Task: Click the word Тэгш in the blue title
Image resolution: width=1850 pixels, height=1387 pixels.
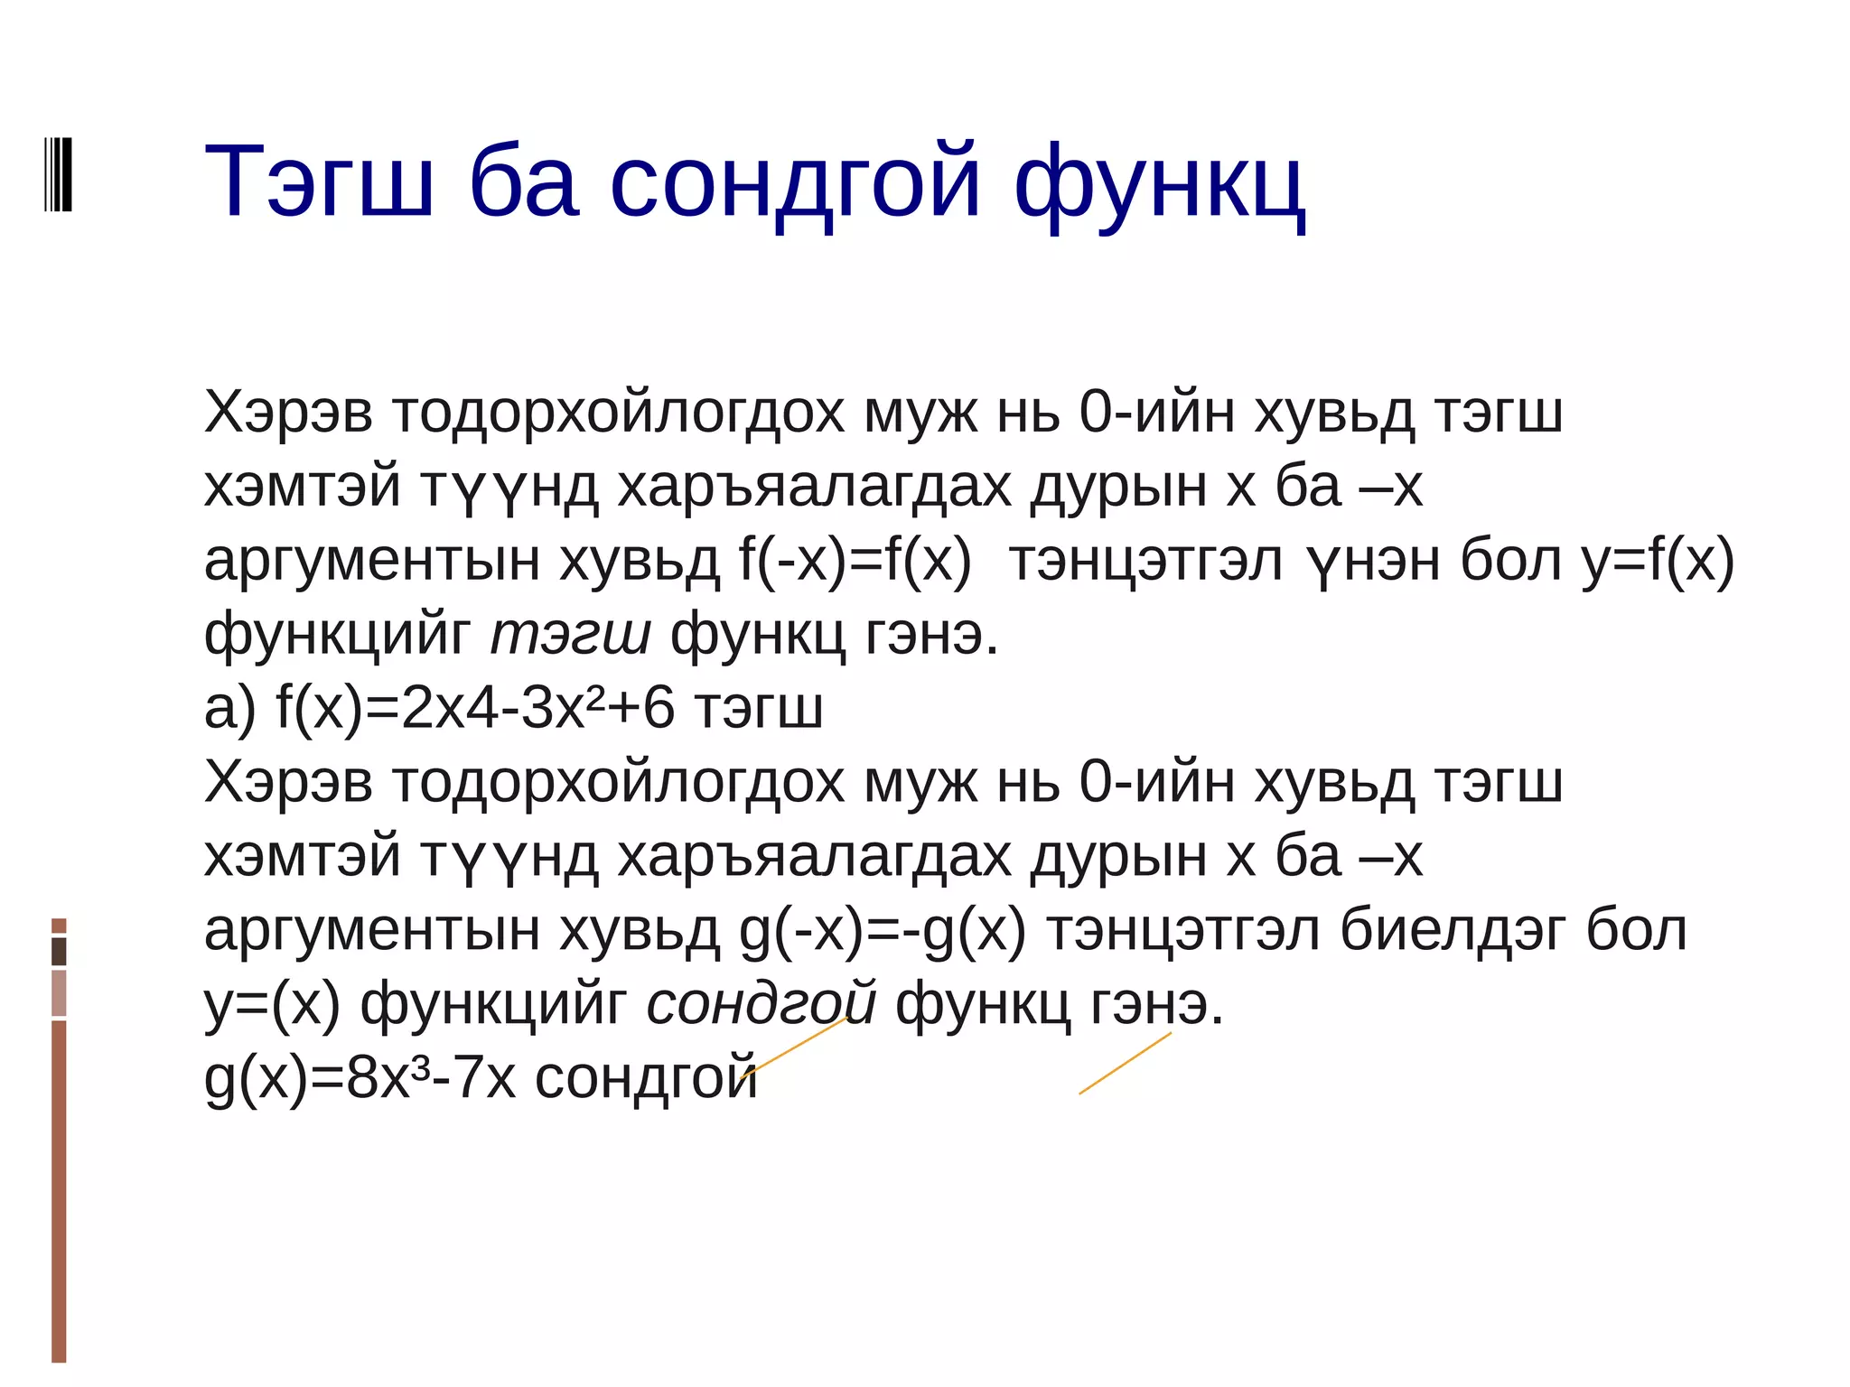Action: point(318,182)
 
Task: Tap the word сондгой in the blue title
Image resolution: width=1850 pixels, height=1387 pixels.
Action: point(795,182)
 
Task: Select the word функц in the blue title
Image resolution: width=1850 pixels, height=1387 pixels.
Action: point(1160,184)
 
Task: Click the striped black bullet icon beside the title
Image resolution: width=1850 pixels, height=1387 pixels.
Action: point(58,174)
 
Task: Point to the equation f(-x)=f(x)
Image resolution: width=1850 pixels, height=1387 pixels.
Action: point(855,561)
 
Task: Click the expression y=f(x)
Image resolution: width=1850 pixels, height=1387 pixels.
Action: point(1658,561)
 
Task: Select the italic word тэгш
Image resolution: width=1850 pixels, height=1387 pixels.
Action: point(570,635)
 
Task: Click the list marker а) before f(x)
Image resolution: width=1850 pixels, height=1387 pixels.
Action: point(229,708)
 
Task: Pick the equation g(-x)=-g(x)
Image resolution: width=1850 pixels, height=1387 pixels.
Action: point(883,931)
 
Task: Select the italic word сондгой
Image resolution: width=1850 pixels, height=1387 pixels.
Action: point(761,1003)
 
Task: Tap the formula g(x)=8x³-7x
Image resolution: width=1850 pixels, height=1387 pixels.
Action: point(360,1078)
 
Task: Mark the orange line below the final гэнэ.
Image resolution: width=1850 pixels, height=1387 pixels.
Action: point(1125,1064)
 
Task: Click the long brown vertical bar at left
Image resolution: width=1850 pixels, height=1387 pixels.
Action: point(59,1190)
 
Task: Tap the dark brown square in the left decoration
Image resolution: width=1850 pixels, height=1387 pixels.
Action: point(59,951)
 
